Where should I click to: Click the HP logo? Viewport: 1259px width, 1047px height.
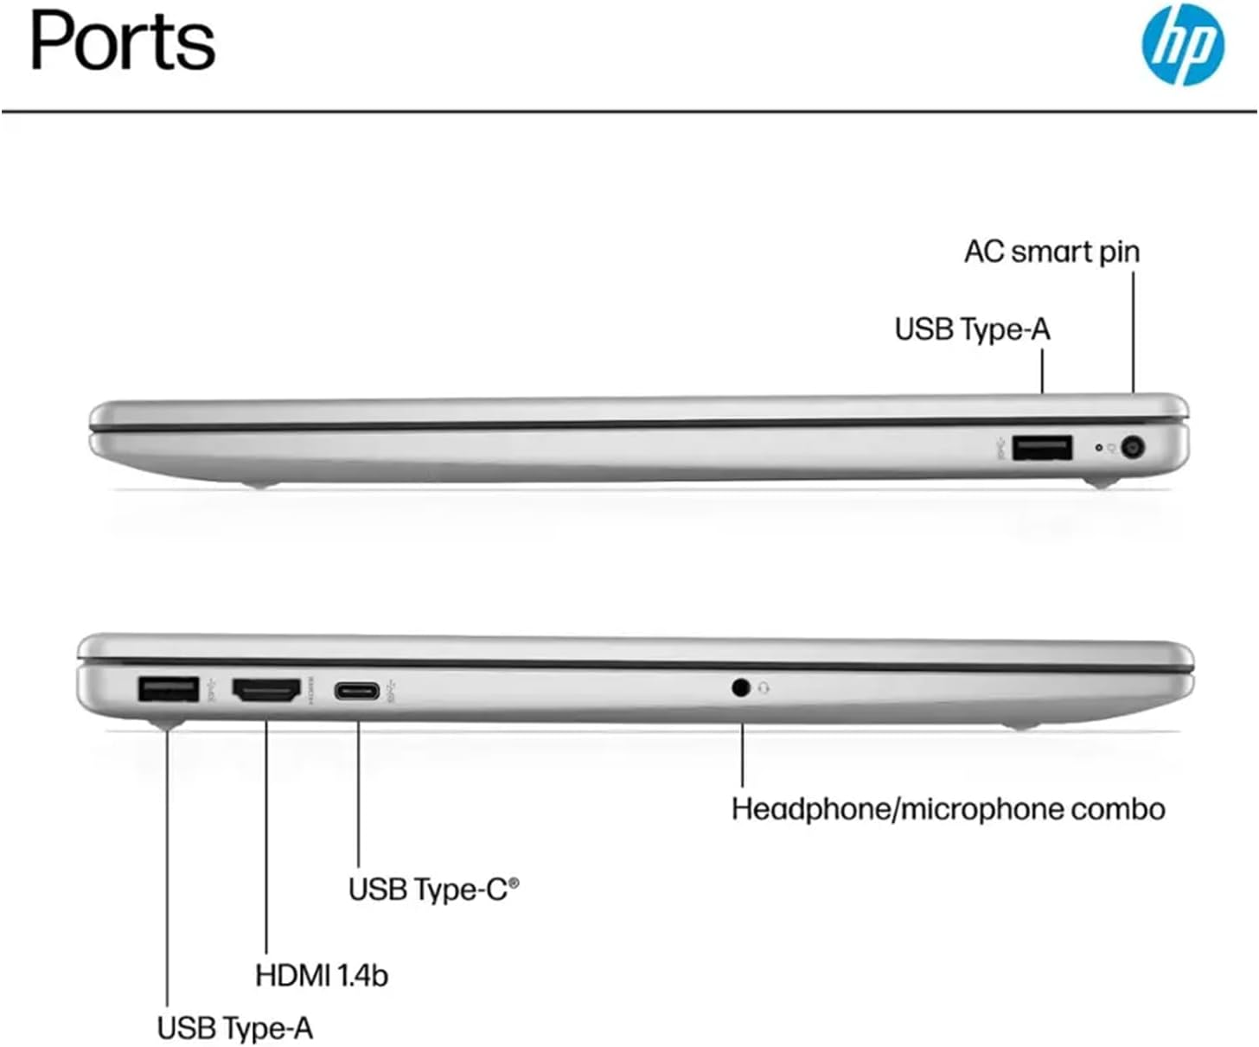click(x=1182, y=44)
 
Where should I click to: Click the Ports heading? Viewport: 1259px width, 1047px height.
click(x=123, y=41)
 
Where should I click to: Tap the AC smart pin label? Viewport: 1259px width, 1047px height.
click(x=1051, y=252)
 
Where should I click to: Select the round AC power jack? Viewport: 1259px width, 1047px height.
click(x=1133, y=448)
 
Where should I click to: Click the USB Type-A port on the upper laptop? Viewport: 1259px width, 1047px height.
click(x=1042, y=448)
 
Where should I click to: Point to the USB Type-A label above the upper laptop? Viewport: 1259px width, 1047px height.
click(x=972, y=329)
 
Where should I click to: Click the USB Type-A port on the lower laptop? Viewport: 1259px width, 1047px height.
click(x=169, y=689)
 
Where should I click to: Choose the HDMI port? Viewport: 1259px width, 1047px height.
click(x=266, y=690)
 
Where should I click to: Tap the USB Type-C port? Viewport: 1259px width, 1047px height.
click(x=358, y=690)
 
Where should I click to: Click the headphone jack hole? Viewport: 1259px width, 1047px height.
click(x=740, y=687)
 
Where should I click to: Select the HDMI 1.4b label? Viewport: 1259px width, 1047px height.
click(x=322, y=974)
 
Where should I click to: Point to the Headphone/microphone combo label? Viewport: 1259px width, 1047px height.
click(x=948, y=809)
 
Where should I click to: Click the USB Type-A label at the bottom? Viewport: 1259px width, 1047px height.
click(x=234, y=1028)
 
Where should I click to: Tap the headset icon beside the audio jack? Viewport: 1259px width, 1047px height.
click(x=764, y=687)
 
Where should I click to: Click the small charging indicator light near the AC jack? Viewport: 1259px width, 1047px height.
click(x=1099, y=448)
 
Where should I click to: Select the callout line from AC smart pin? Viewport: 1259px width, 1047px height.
click(x=1133, y=333)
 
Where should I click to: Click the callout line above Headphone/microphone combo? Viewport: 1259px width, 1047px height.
click(x=742, y=755)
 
